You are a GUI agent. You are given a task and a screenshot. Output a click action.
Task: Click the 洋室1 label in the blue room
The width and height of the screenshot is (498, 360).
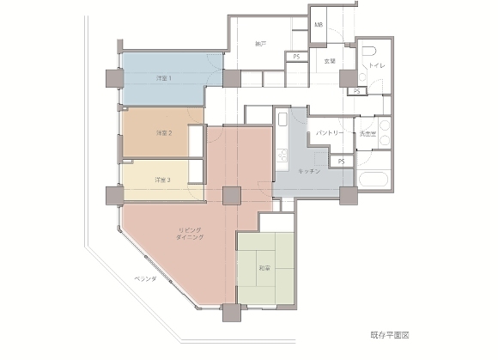click(163, 78)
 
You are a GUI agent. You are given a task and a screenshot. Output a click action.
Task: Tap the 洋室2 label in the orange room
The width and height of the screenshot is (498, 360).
click(163, 133)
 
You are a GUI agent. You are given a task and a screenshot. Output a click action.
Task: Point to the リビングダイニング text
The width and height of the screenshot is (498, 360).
click(191, 233)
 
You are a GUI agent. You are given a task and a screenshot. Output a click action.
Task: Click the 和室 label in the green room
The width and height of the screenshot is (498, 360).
click(264, 269)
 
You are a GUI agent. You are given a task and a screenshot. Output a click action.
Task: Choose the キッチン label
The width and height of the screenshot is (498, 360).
click(309, 172)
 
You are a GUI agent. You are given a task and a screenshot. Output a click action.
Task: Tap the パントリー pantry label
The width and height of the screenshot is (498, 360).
click(330, 134)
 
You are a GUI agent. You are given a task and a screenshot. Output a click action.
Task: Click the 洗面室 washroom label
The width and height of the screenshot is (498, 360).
click(368, 134)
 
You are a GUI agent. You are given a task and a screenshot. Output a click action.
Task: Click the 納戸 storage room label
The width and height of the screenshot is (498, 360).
click(262, 43)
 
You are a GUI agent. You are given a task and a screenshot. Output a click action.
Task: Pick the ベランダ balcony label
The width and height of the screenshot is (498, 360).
click(143, 280)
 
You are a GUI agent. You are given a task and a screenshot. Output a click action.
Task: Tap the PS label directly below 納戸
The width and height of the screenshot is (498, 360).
click(296, 57)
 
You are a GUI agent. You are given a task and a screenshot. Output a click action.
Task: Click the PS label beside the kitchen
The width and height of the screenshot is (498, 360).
click(341, 161)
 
